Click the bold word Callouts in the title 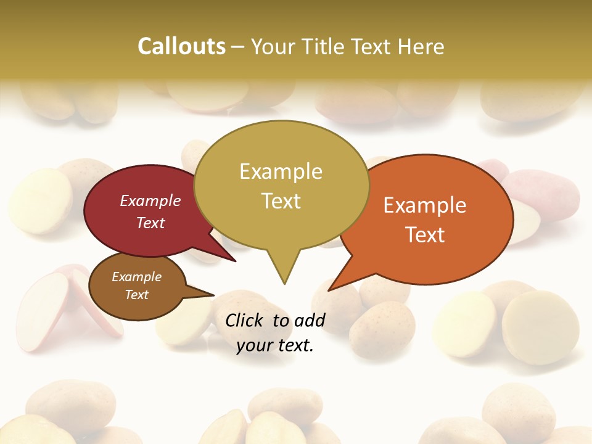(181, 46)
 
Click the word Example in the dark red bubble (150, 200)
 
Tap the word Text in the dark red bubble (150, 223)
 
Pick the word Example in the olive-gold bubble (281, 171)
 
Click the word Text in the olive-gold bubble (281, 201)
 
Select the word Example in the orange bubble (425, 205)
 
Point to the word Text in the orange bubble (425, 235)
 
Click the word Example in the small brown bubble (136, 277)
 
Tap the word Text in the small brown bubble (136, 295)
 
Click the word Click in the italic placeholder (245, 320)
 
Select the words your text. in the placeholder (274, 345)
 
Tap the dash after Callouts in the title (238, 46)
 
